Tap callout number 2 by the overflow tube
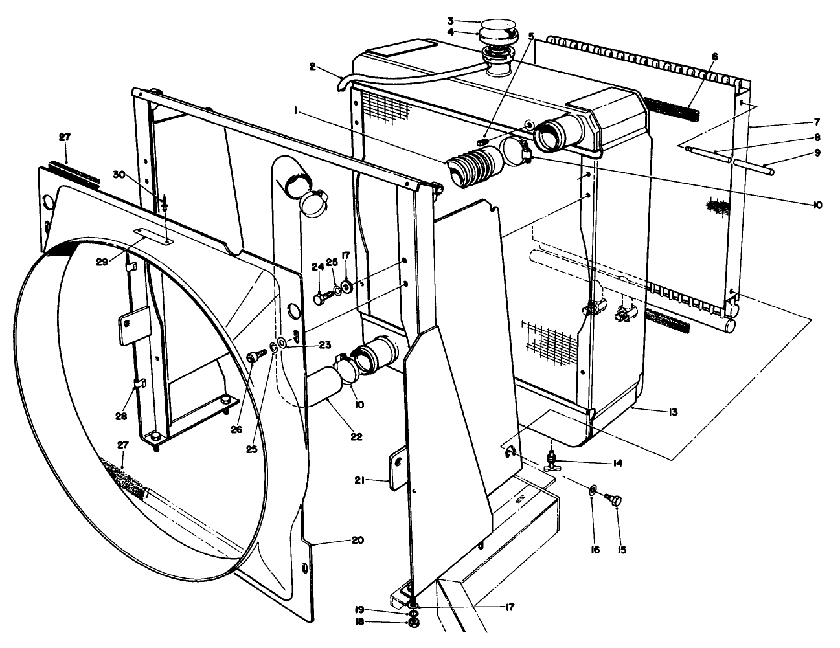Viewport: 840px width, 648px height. [x=312, y=66]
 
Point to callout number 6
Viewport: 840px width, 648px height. [x=714, y=56]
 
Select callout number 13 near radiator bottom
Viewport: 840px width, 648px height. [x=674, y=412]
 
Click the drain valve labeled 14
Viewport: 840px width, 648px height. [x=551, y=461]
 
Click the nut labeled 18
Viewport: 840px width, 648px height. [x=412, y=623]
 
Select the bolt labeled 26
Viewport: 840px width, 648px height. [x=256, y=355]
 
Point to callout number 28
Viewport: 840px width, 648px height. [x=121, y=416]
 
